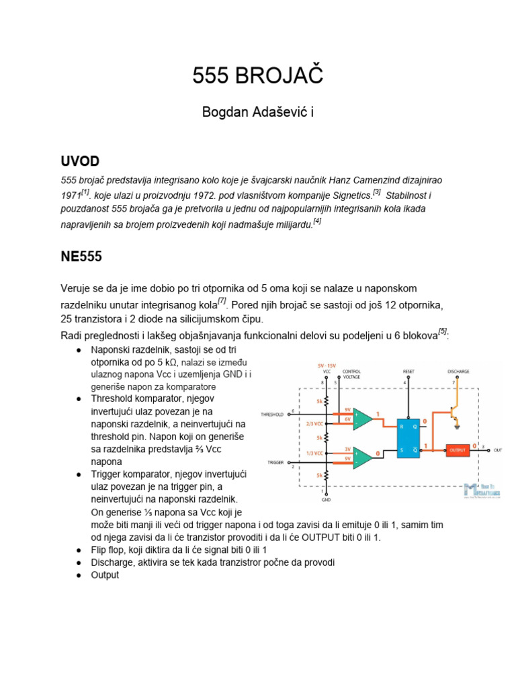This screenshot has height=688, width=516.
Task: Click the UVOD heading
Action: click(x=80, y=161)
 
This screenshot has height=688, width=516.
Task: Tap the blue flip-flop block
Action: click(x=408, y=437)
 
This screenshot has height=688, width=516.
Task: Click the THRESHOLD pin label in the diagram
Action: click(x=273, y=414)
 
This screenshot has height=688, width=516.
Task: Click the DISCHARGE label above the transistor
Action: click(x=458, y=371)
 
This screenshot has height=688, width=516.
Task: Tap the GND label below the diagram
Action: click(x=326, y=500)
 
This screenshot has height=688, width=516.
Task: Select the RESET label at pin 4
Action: click(x=408, y=371)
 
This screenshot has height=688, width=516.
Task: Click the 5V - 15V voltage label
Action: click(x=327, y=365)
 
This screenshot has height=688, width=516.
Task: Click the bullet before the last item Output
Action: click(x=79, y=575)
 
